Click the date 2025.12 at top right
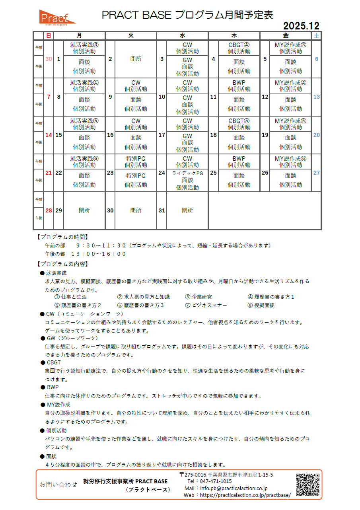pyautogui.click(x=301, y=26)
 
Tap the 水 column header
pyautogui.click(x=183, y=36)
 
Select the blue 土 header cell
pyautogui.click(x=316, y=36)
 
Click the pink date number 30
pyautogui.click(x=49, y=59)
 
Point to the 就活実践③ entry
pyautogui.click(x=84, y=45)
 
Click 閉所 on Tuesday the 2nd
pyautogui.click(x=136, y=59)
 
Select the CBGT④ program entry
pyautogui.click(x=239, y=45)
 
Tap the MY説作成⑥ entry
pyautogui.click(x=290, y=159)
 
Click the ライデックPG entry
pyautogui.click(x=187, y=173)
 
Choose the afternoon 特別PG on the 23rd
pyautogui.click(x=136, y=176)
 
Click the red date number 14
pyautogui.click(x=49, y=135)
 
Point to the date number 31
pyautogui.click(x=162, y=210)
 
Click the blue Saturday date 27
pyautogui.click(x=316, y=173)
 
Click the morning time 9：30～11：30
pyautogui.click(x=101, y=245)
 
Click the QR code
pyautogui.click(x=307, y=485)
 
